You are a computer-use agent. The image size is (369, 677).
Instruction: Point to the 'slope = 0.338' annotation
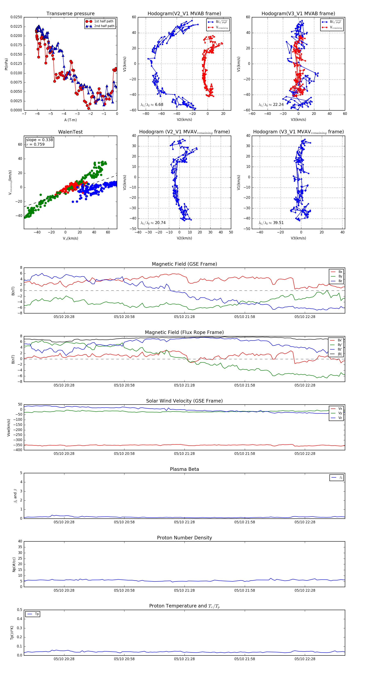pos(39,140)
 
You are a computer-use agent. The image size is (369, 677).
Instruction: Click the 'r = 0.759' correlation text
pos(35,144)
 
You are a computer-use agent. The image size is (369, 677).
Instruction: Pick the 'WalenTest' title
pos(70,132)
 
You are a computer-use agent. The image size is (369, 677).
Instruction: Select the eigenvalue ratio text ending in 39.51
pos(271,223)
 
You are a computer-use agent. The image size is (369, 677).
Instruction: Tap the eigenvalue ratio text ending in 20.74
pos(153,223)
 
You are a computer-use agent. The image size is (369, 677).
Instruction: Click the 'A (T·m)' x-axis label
pos(70,120)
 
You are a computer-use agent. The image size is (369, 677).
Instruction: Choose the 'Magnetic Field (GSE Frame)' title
pos(184,264)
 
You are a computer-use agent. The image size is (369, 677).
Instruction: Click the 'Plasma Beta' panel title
pos(184,469)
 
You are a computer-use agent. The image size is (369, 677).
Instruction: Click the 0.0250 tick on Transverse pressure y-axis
pos(16,17)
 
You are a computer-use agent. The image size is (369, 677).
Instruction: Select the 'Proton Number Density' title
pos(184,537)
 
